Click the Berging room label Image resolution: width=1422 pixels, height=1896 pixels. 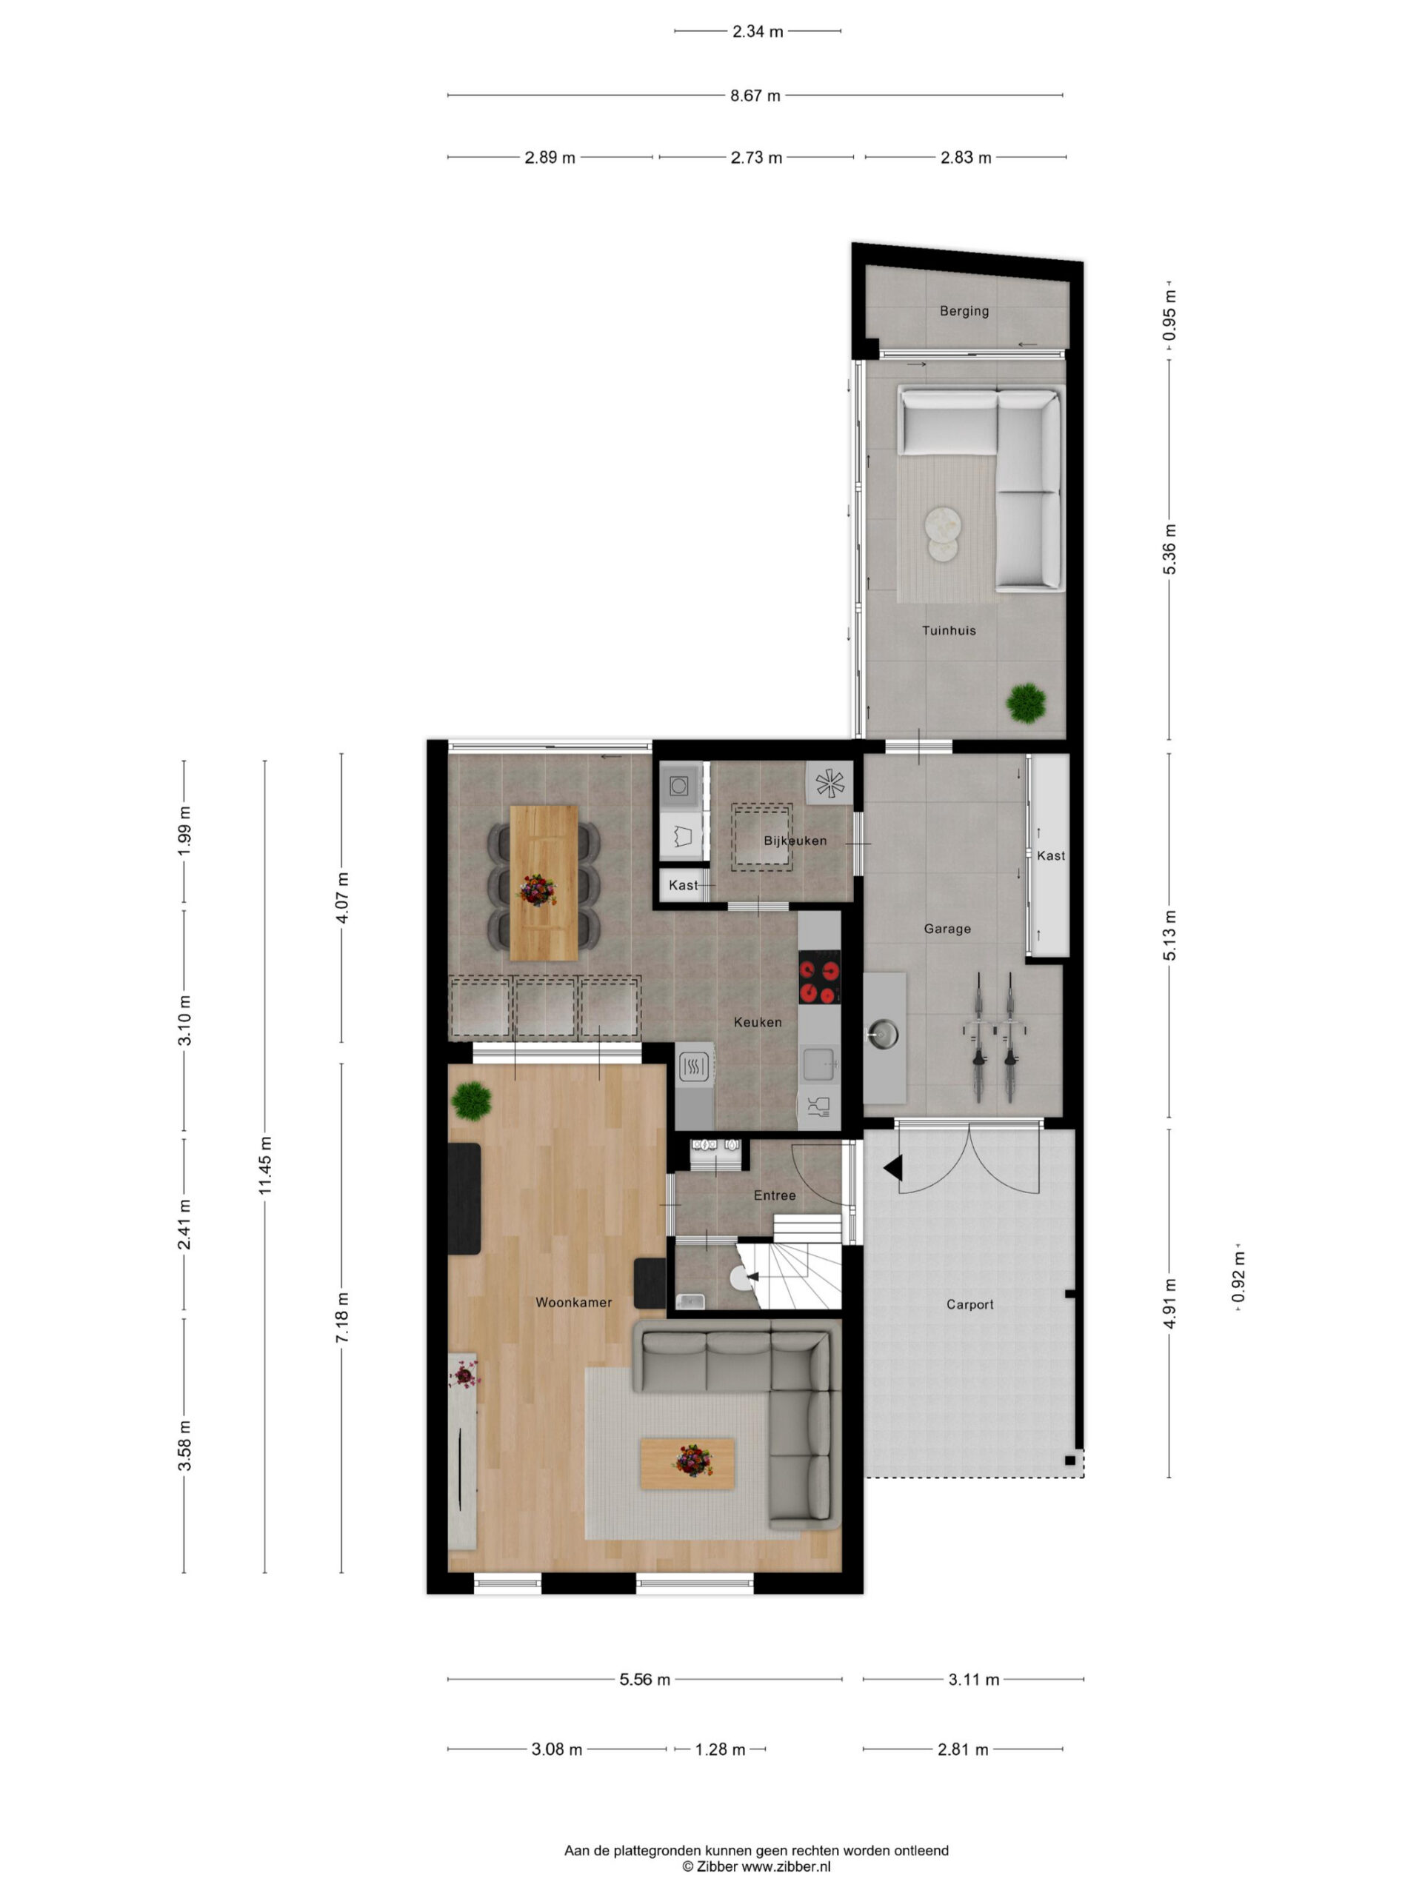tap(964, 311)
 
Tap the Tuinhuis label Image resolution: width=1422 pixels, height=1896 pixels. tap(948, 630)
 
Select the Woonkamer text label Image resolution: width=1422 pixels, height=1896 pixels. tap(573, 1302)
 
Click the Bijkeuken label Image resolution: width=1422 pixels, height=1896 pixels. tap(795, 841)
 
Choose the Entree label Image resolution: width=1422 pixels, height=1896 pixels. tap(774, 1195)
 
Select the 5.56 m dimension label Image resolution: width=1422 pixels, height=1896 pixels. tap(644, 1679)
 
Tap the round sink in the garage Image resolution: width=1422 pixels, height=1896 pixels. tap(882, 1035)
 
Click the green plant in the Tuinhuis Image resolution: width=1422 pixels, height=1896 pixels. tap(1026, 703)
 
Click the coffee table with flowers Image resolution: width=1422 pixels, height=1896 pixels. tap(687, 1463)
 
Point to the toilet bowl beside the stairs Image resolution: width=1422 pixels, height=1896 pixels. tap(741, 1278)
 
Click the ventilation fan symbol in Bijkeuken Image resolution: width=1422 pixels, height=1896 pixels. tap(829, 783)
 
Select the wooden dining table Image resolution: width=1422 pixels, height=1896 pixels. tap(544, 883)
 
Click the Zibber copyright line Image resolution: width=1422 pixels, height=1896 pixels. tap(755, 1866)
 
